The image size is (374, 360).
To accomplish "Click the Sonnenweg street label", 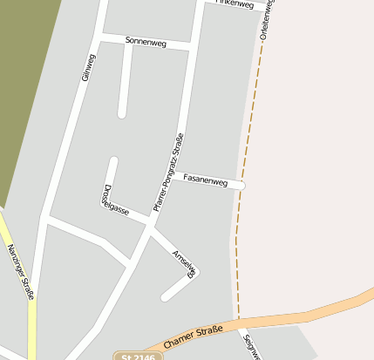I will pos(146,41).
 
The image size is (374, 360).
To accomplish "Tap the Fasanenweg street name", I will pos(205,183).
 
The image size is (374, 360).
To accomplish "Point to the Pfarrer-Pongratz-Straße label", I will pos(169,172).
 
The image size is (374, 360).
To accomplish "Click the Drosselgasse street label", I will pos(113,201).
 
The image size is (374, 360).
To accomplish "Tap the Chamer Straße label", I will pos(193,335).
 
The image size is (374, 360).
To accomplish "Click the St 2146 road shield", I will pos(138,356).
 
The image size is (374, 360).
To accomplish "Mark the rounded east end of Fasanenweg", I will pos(241,186).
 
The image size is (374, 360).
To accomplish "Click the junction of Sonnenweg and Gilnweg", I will pos(101,37).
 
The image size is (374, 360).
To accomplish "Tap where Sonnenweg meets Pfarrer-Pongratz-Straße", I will pos(193,45).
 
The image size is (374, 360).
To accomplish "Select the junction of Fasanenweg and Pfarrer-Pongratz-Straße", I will pos(171,179).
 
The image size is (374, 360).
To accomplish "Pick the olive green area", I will pos(22,87).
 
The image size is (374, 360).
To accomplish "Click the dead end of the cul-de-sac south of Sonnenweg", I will pos(122,112).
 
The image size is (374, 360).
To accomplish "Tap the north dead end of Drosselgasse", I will pos(112,161).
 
